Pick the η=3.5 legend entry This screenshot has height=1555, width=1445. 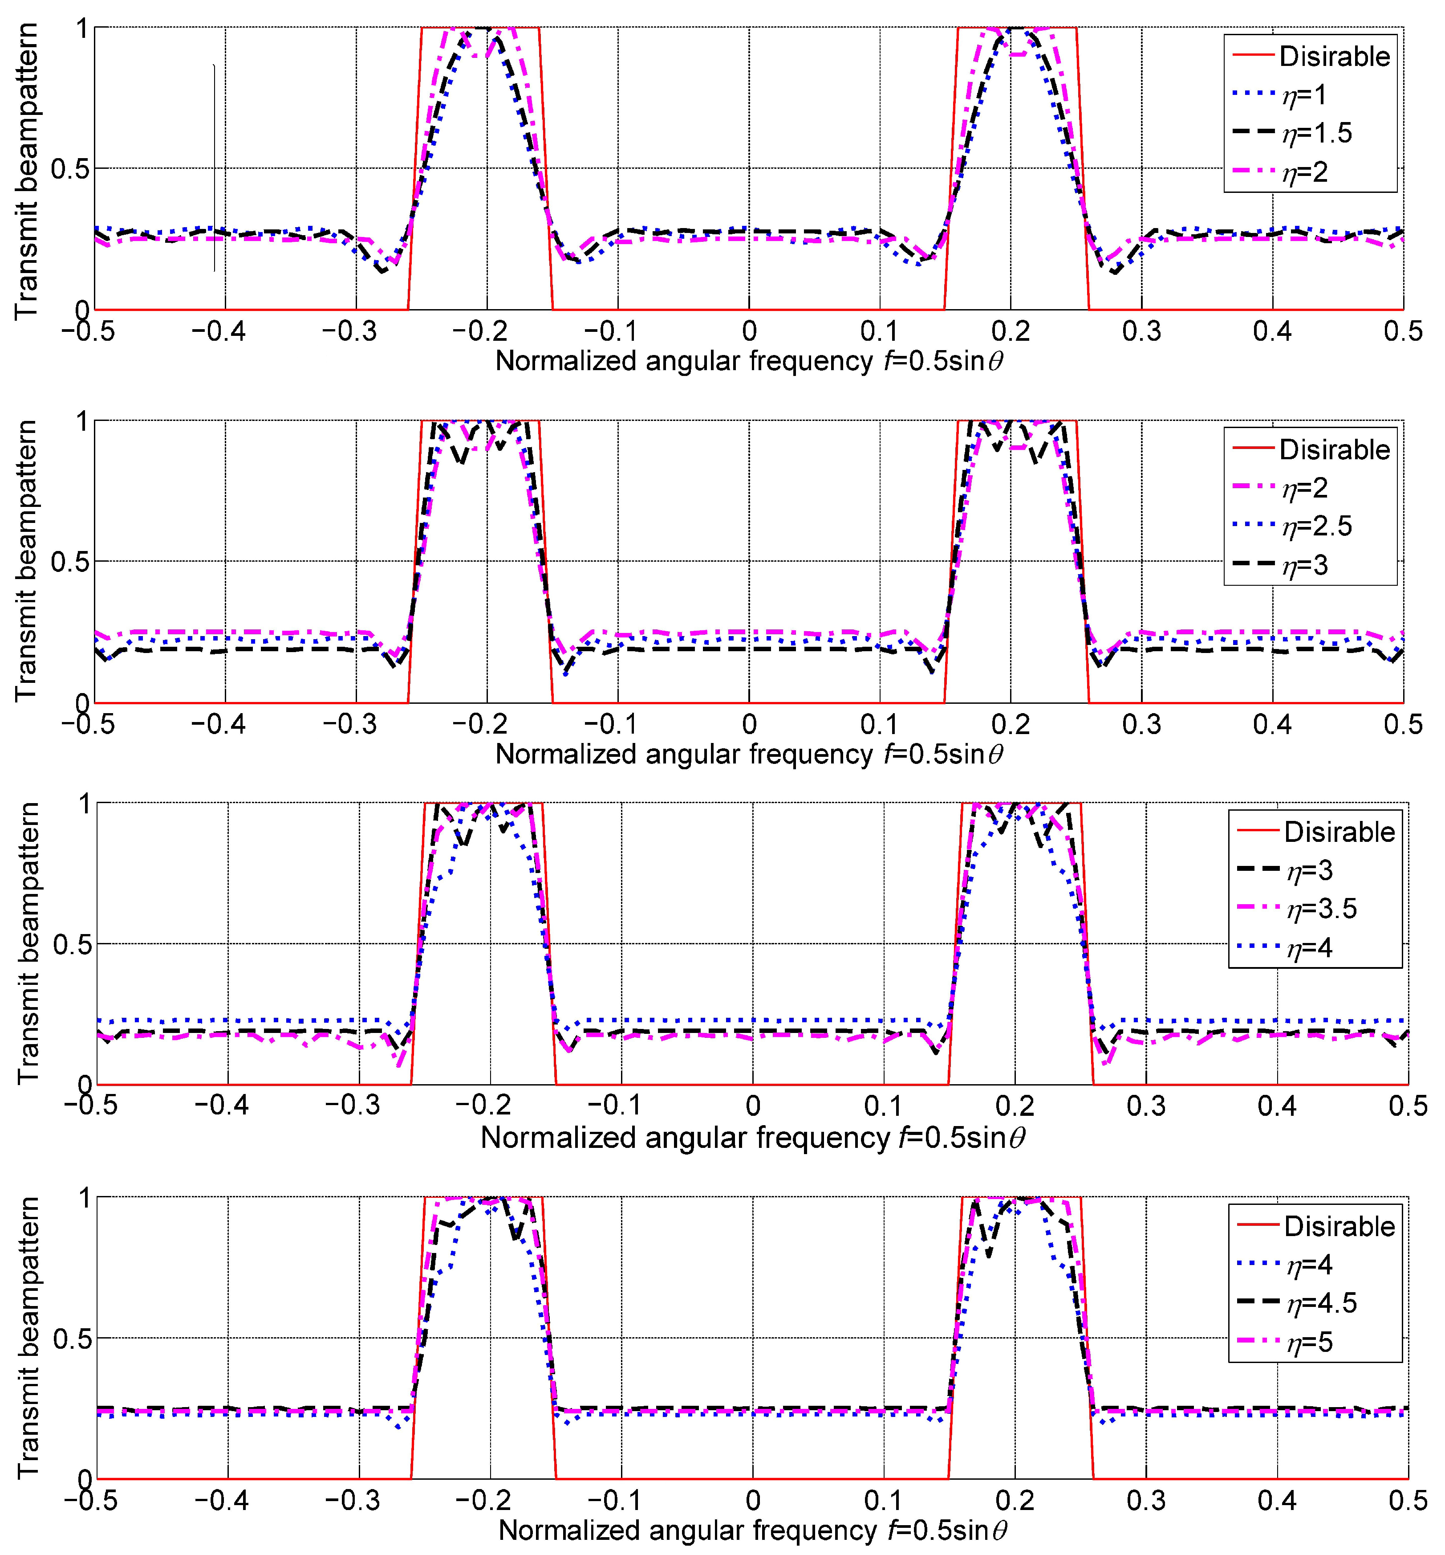pyautogui.click(x=1321, y=909)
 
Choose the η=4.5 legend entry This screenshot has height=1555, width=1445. pyautogui.click(x=1321, y=1303)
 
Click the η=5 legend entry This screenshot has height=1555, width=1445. pyautogui.click(x=1310, y=1342)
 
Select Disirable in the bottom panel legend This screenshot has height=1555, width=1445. pyautogui.click(x=1339, y=1226)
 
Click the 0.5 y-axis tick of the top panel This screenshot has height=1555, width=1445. pyautogui.click(x=69, y=169)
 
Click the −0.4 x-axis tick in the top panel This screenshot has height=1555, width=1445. pyautogui.click(x=219, y=332)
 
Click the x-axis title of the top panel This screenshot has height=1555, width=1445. pyautogui.click(x=749, y=361)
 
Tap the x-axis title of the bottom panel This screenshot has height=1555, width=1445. pyautogui.click(x=752, y=1531)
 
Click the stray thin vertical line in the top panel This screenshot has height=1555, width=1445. pyautogui.click(x=214, y=168)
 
